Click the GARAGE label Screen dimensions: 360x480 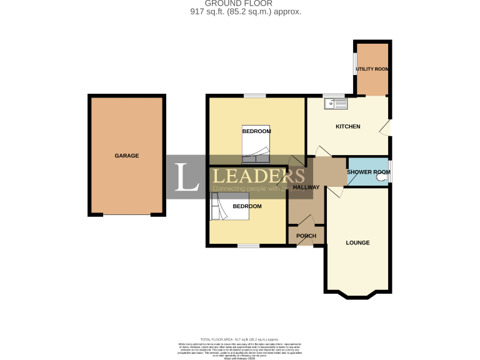[126, 156]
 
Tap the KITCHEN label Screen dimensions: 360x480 [348, 127]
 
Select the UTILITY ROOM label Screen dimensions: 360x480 [372, 69]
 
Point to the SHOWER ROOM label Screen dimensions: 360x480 [368, 172]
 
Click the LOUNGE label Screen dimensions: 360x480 [357, 242]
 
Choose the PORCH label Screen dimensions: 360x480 [306, 236]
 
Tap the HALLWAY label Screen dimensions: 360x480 [306, 187]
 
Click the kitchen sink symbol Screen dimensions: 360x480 [334, 103]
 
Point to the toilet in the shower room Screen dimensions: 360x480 [382, 178]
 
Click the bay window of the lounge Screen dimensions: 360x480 [357, 294]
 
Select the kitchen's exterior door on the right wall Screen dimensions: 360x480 [387, 127]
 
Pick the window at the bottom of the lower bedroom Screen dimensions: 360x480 [248, 246]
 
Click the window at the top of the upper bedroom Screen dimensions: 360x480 [254, 96]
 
